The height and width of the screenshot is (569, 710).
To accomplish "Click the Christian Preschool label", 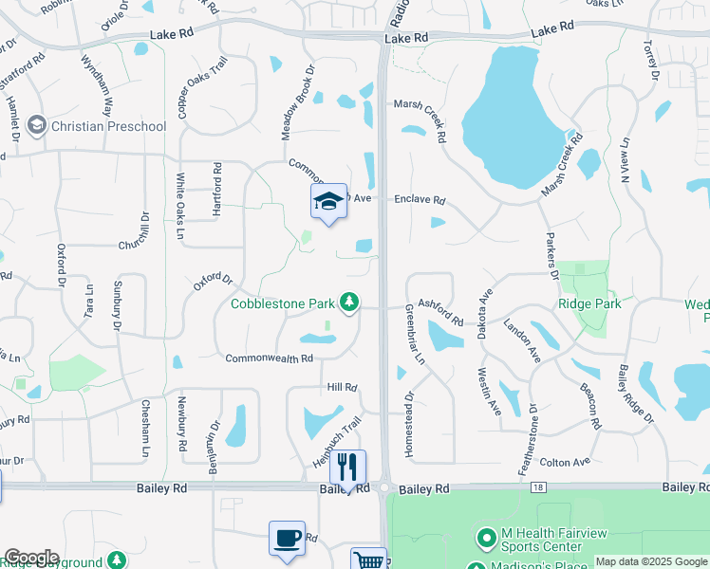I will [x=108, y=126].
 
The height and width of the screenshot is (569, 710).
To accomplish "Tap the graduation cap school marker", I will [x=328, y=201].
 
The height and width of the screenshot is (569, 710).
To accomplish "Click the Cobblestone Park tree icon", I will [x=350, y=302].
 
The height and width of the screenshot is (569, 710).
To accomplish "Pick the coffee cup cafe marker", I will [x=287, y=539].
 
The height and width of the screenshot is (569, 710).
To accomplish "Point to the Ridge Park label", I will [x=589, y=303].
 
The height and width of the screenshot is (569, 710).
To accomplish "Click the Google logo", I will [x=31, y=558].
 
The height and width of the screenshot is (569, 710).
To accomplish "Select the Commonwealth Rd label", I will [x=269, y=358].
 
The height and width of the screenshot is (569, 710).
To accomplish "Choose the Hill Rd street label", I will [x=342, y=388].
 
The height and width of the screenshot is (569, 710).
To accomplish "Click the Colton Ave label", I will [x=565, y=462].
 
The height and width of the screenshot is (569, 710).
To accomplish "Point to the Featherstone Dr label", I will [x=532, y=431].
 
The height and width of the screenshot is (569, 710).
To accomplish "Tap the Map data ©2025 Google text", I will [x=650, y=561].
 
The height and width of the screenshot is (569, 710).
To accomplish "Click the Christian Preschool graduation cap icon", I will [x=37, y=125].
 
